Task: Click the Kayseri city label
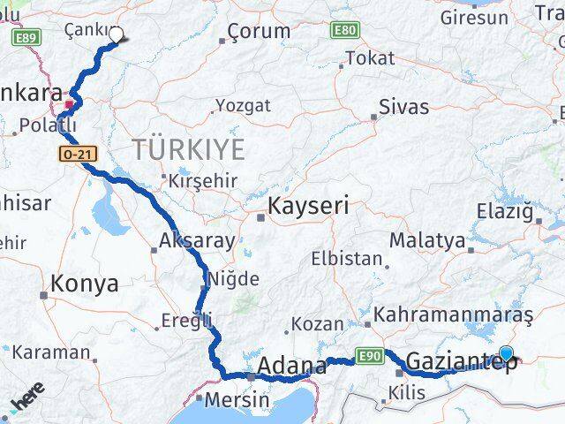pyautogui.click(x=308, y=207)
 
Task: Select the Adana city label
pyautogui.click(x=292, y=366)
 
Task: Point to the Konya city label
pyautogui.click(x=85, y=284)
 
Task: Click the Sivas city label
pyautogui.click(x=403, y=108)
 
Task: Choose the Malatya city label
pyautogui.click(x=426, y=239)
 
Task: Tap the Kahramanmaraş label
pyautogui.click(x=454, y=314)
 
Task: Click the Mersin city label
pyautogui.click(x=237, y=399)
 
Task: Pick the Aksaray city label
pyautogui.click(x=197, y=240)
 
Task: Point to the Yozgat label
pyautogui.click(x=243, y=106)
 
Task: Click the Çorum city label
pyautogui.click(x=259, y=31)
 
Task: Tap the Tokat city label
pyautogui.click(x=371, y=58)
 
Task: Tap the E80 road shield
pyautogui.click(x=345, y=31)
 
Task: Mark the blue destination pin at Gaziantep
pyautogui.click(x=506, y=354)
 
